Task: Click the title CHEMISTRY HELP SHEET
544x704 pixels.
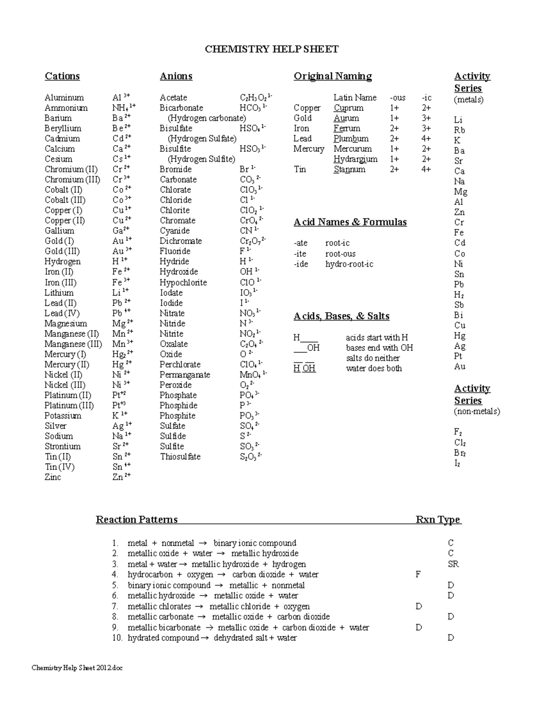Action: tap(272, 49)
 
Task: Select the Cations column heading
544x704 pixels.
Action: tap(62, 76)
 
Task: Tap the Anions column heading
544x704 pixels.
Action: tap(176, 76)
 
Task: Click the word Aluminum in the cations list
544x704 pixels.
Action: tap(64, 97)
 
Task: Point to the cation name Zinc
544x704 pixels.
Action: tap(53, 477)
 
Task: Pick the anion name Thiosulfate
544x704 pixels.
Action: tap(180, 456)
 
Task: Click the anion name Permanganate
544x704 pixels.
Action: tap(185, 374)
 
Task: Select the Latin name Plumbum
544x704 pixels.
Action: tap(351, 139)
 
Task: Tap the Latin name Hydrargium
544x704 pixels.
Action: tap(355, 159)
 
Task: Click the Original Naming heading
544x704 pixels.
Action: tap(333, 76)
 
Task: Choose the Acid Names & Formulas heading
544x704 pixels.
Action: tap(350, 222)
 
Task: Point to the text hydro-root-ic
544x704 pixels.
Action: tap(349, 264)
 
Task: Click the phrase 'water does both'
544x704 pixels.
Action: tap(374, 368)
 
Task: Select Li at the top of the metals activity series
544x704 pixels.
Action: tap(458, 120)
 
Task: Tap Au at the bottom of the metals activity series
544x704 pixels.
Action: tap(460, 366)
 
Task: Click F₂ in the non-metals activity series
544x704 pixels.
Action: tap(458, 432)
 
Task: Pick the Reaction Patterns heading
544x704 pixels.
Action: tap(136, 520)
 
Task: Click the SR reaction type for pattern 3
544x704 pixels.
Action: tap(453, 564)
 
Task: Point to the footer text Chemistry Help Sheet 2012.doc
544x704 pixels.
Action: tap(77, 668)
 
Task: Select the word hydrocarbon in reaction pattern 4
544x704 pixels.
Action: tap(150, 574)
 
